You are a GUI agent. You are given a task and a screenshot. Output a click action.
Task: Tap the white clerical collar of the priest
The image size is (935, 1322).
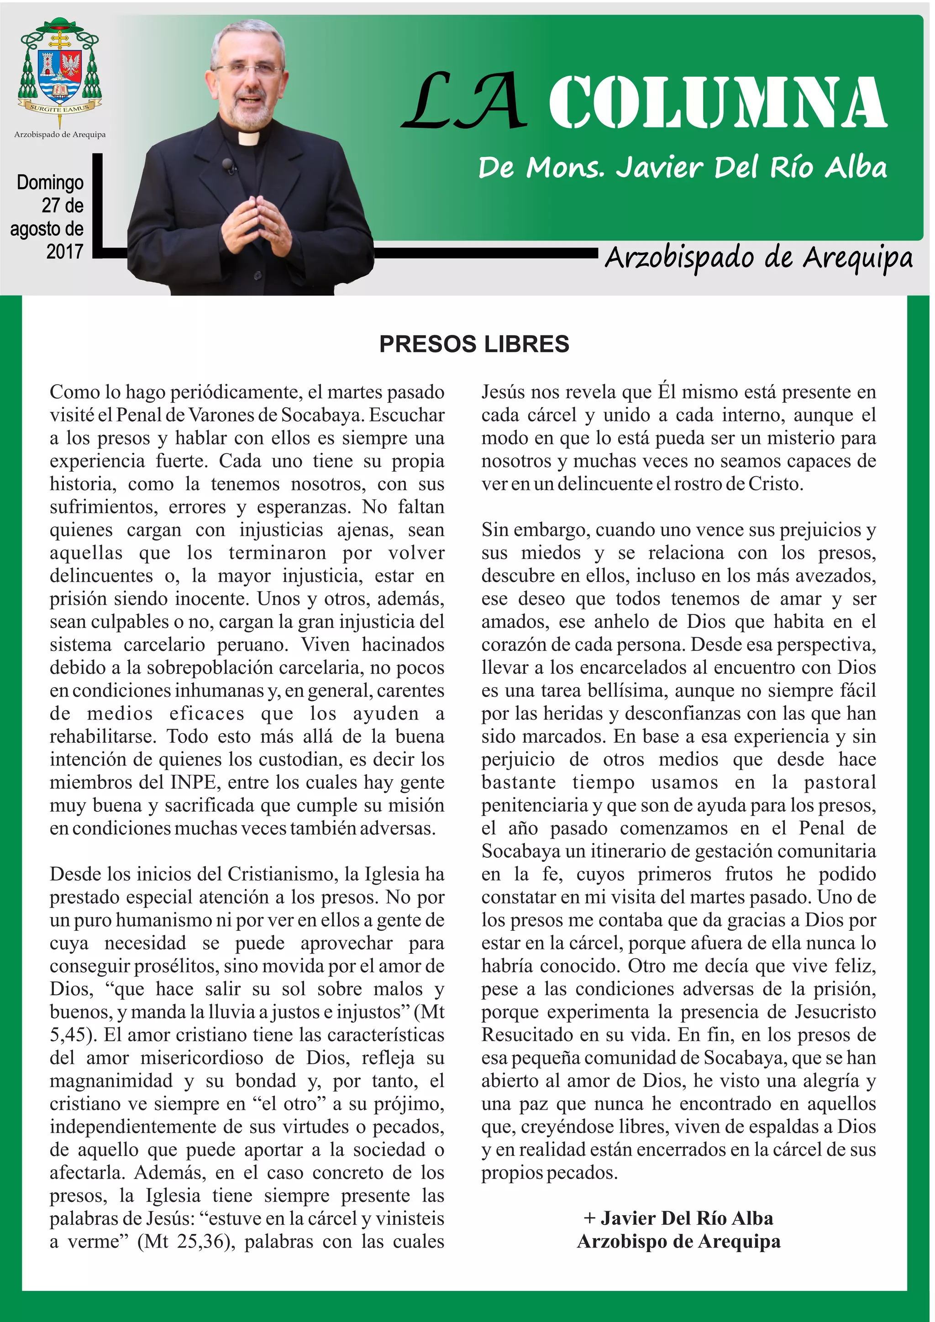click(248, 138)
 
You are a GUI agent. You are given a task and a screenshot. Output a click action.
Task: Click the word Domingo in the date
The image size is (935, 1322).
click(50, 183)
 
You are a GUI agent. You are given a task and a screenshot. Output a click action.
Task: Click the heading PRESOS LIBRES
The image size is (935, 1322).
click(474, 344)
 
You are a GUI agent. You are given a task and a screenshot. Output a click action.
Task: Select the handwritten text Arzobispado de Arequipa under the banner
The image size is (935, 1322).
click(758, 258)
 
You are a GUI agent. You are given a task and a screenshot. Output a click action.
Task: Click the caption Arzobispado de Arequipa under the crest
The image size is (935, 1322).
click(60, 135)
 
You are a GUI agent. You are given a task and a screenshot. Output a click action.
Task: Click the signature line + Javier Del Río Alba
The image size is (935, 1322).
click(678, 1218)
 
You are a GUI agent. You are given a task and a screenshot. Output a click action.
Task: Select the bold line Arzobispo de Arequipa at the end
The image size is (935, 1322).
click(678, 1241)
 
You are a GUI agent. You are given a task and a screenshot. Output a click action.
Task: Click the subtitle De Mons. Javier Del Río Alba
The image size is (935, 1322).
click(682, 168)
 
